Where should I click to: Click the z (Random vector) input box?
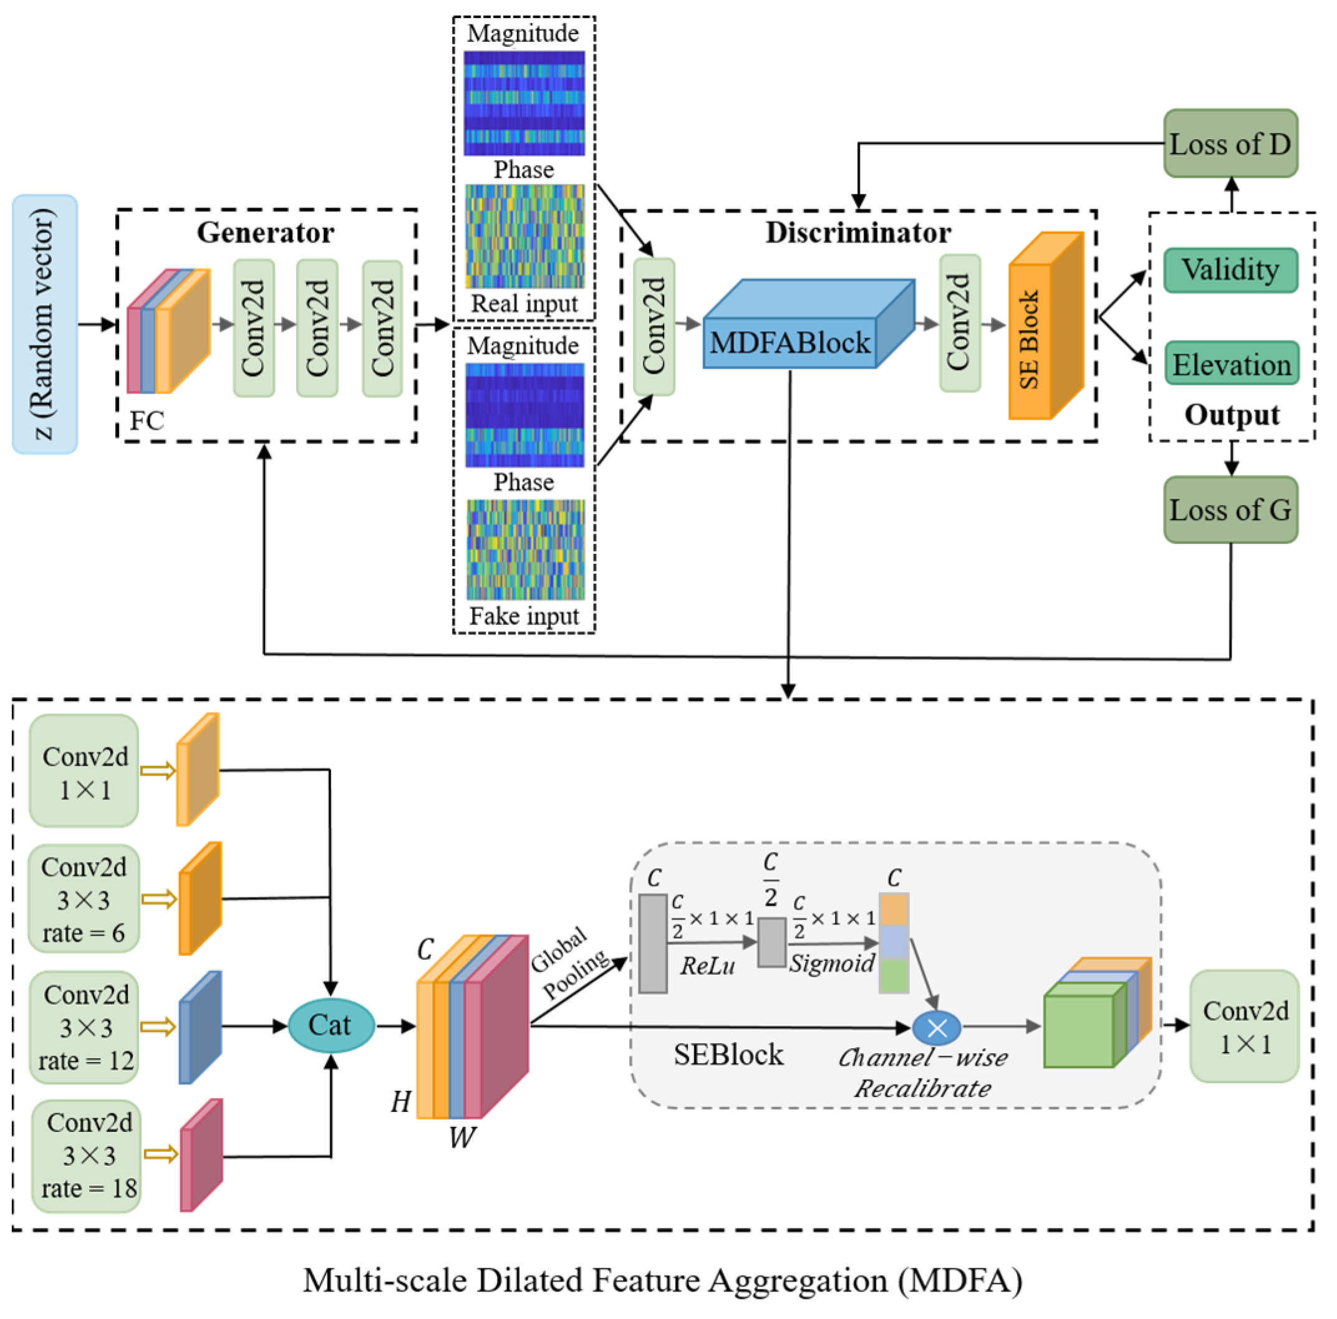(x=45, y=324)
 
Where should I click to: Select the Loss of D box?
(x=1230, y=143)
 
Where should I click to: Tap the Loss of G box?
(x=1230, y=510)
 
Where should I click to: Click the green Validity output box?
(x=1230, y=270)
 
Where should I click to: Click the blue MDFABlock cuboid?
(x=791, y=341)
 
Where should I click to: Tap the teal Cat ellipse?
(x=331, y=1025)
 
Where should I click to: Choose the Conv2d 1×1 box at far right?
(x=1243, y=1027)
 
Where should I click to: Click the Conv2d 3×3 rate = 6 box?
(x=84, y=899)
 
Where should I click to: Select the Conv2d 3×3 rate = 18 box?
(x=87, y=1155)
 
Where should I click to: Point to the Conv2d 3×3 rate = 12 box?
(x=84, y=1027)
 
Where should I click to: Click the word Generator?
(x=265, y=233)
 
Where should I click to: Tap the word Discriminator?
(x=857, y=233)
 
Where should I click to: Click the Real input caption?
(x=524, y=303)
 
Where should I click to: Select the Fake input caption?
(x=524, y=615)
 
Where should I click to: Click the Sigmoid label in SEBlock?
(x=832, y=963)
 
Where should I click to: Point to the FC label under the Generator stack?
(x=147, y=420)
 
